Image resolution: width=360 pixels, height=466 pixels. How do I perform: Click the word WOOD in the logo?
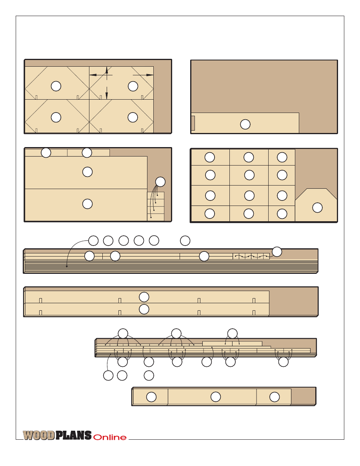pos(39,435)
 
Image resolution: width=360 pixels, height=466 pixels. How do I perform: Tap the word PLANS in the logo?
pos(74,435)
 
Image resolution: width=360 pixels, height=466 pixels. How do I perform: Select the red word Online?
pos(110,437)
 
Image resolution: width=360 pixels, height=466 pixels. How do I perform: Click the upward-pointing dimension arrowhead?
pos(107,70)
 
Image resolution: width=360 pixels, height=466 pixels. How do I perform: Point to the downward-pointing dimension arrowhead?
pos(107,96)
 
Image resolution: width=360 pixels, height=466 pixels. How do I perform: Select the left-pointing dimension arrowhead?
pos(93,75)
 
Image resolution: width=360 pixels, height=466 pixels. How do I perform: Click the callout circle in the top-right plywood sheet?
pos(245,124)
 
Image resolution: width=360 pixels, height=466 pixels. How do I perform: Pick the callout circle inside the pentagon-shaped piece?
pos(318,208)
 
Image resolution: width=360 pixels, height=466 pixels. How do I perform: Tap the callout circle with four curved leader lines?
pos(160,182)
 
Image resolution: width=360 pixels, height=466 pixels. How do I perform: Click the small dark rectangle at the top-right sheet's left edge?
pos(193,123)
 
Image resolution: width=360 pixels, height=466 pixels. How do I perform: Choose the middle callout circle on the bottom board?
pos(216,397)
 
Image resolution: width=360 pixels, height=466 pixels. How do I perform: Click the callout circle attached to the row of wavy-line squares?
pos(277,252)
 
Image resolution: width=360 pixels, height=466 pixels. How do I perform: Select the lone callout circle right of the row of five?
pos(185,241)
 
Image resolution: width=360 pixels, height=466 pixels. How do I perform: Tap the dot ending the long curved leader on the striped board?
pos(67,266)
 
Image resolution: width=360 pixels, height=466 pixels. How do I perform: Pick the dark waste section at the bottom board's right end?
pos(303,396)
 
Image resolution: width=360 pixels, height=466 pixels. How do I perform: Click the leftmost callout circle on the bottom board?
pos(151,397)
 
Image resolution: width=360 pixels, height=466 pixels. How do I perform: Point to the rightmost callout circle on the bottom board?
pos(275,397)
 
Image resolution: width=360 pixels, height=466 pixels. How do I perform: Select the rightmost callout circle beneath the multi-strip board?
pos(284,362)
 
